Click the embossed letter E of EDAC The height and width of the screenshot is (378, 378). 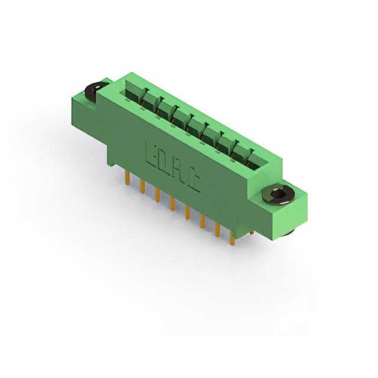tap(152, 155)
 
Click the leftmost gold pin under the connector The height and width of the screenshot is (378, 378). tap(128, 178)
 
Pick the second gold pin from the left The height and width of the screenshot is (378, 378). tap(142, 187)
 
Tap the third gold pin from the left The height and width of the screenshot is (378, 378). tap(158, 195)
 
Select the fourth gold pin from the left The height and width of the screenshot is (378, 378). tap(172, 203)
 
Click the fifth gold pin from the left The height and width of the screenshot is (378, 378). tap(187, 212)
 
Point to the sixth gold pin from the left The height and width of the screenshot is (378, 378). tap(202, 220)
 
